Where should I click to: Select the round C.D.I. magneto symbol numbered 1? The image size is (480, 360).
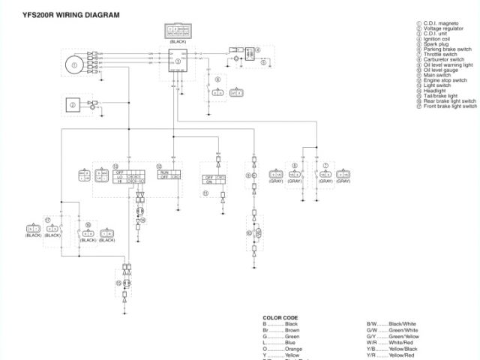click(x=74, y=64)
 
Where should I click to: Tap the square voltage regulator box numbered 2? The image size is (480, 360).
click(x=73, y=106)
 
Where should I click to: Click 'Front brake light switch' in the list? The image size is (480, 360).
click(x=449, y=106)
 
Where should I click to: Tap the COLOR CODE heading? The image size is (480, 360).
click(x=280, y=317)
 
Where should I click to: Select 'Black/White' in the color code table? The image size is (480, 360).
click(x=402, y=323)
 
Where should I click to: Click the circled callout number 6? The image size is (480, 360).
click(x=217, y=79)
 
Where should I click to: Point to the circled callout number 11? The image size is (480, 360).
click(x=205, y=193)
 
